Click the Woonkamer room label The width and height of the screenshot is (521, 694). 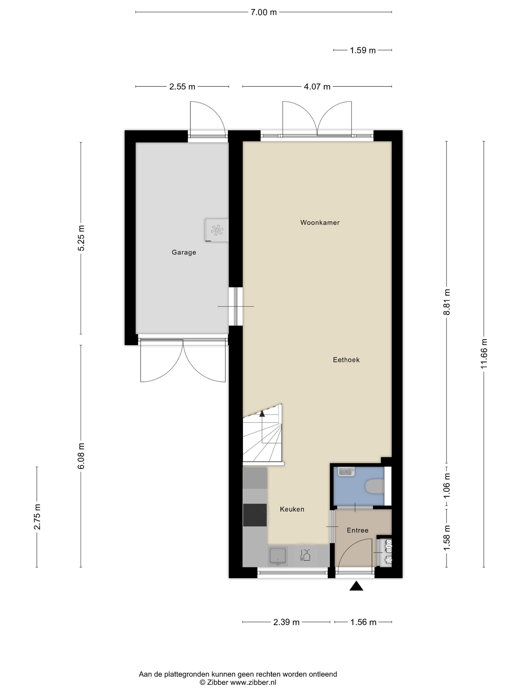[x=320, y=222]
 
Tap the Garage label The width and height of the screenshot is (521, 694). [x=184, y=252]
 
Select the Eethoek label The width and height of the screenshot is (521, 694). [x=346, y=360]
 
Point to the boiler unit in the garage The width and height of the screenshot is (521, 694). [x=217, y=230]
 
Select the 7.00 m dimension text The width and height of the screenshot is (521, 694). [x=263, y=12]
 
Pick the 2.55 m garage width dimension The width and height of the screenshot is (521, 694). [x=182, y=87]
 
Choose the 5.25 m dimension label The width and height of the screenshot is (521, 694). [x=81, y=238]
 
